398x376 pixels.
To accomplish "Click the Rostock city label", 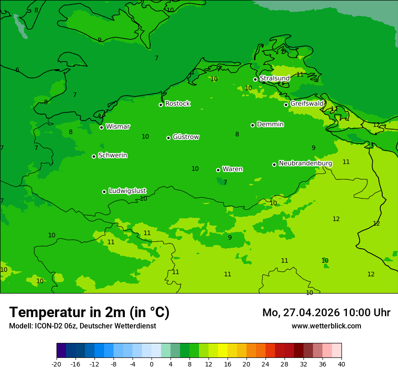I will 177,104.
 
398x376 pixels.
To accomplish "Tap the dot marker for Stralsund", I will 255,79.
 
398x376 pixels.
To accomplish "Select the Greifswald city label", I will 307,104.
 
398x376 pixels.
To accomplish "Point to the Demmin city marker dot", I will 252,125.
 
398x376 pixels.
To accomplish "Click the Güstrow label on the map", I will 185,137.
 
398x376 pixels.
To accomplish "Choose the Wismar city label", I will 118,127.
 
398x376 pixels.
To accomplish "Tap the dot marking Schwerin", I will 94,156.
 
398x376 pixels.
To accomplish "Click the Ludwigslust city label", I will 127,191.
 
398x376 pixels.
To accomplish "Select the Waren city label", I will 232,169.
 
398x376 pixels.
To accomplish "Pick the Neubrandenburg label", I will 305,163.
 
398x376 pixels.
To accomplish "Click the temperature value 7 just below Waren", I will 225,182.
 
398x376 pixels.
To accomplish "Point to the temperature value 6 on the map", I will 17,70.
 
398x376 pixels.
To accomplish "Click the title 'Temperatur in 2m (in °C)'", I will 89,312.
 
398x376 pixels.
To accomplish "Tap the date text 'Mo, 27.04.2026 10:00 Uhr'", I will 326,313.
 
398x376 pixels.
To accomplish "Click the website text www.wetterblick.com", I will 326,326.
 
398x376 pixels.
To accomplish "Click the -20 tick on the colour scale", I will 57,364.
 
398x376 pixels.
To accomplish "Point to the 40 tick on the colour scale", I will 341,364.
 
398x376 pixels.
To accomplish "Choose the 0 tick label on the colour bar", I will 152,364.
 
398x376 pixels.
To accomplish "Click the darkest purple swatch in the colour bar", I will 61,351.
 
